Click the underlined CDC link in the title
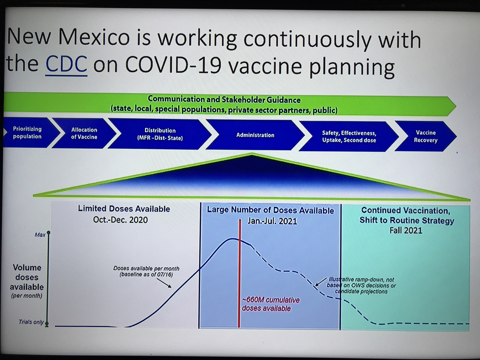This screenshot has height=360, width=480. [66, 64]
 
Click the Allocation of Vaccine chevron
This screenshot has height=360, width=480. [84, 133]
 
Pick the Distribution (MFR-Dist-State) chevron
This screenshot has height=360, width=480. [160, 134]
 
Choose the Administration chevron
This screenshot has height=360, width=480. [255, 135]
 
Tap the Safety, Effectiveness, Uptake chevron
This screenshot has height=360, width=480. [349, 136]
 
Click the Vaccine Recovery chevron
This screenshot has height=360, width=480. [426, 136]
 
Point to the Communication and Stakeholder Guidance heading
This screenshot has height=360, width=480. [224, 100]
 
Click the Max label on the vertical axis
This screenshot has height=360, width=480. [40, 235]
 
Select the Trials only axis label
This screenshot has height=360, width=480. [31, 322]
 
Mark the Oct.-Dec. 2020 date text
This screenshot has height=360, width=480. [120, 220]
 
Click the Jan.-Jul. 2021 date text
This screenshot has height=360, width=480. [272, 221]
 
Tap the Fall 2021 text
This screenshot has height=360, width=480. [406, 230]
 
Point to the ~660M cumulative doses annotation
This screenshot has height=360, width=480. [271, 304]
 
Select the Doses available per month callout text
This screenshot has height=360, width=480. [146, 271]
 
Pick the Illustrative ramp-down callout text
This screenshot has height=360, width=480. [362, 286]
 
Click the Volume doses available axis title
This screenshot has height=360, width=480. [27, 281]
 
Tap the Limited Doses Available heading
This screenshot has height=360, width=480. [124, 209]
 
